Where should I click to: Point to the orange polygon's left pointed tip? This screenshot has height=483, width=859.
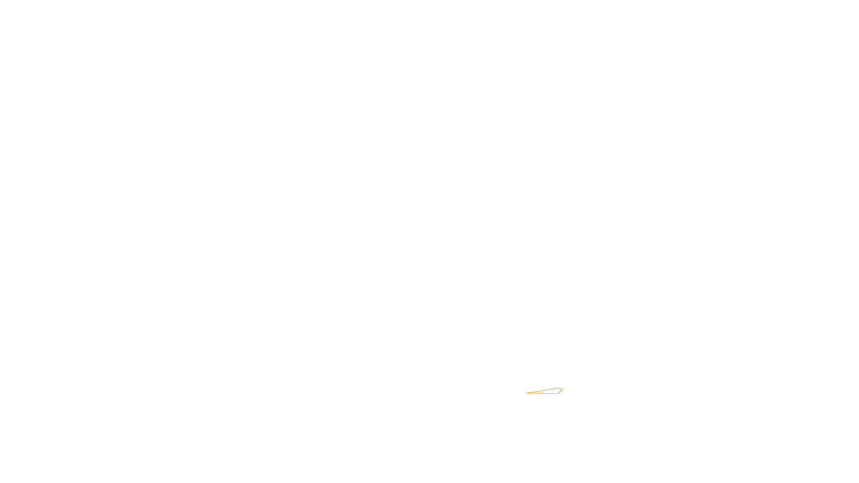[x=527, y=393]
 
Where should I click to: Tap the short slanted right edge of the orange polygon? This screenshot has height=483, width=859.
[x=561, y=391]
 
